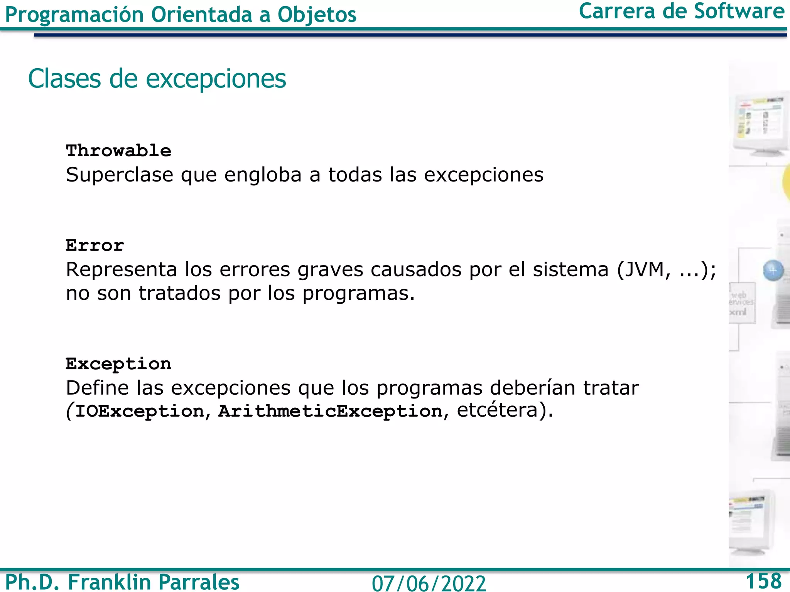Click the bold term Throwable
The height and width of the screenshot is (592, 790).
(x=118, y=150)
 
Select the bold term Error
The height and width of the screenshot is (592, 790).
(x=95, y=245)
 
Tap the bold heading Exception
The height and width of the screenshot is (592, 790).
(x=118, y=364)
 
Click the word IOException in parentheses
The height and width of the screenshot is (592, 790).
(x=140, y=411)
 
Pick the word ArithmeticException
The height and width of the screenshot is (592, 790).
(x=330, y=411)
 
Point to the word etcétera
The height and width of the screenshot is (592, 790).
(x=497, y=410)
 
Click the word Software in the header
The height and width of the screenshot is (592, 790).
(x=739, y=12)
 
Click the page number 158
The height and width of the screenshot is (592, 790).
(x=763, y=581)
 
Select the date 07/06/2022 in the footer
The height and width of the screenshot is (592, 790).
(x=429, y=583)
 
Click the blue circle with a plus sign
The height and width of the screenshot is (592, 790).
(x=773, y=270)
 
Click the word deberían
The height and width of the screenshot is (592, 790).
(x=532, y=388)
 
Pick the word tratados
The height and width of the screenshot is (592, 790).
(x=179, y=293)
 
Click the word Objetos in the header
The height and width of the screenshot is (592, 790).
(x=317, y=15)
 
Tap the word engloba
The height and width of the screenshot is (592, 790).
(x=263, y=175)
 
